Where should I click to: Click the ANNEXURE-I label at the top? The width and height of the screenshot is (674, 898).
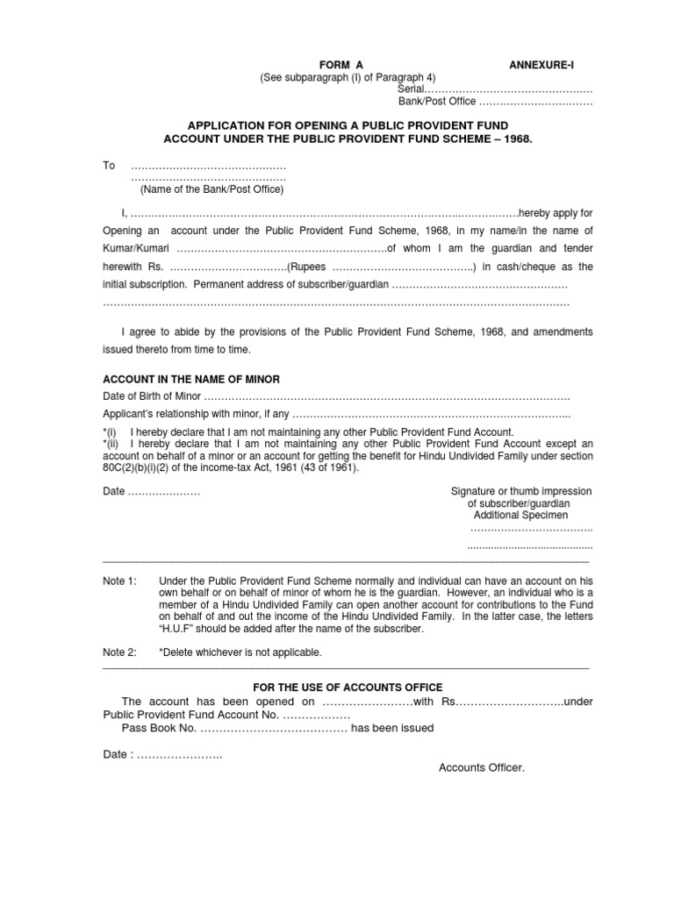coord(543,65)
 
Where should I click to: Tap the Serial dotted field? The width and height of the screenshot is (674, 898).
coord(509,89)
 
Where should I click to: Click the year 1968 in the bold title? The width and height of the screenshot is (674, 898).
coord(515,139)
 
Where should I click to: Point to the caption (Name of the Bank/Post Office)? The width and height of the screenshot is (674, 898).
coord(212,189)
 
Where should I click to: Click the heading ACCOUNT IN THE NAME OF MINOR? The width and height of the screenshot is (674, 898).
coord(191,379)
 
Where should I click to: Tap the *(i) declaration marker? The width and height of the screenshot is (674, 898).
coord(110,433)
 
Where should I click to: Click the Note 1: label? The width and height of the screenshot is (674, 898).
coord(120,581)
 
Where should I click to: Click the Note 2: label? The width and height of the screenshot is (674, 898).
coord(120,652)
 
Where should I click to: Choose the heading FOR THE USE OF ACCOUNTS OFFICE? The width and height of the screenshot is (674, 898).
coord(348,687)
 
